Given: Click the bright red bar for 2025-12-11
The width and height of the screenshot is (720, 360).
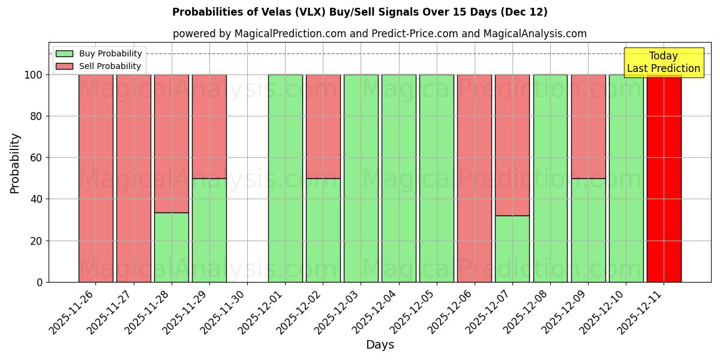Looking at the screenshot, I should (x=664, y=178).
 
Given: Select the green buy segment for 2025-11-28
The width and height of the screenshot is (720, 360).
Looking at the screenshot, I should (x=171, y=247).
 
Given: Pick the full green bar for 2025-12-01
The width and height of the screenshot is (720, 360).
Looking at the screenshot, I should (x=285, y=178).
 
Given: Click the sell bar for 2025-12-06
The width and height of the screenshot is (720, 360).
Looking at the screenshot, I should (x=474, y=178).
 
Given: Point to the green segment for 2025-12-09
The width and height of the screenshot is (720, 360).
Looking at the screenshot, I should (x=588, y=230).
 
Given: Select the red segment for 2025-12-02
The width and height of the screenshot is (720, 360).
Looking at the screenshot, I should (x=323, y=126).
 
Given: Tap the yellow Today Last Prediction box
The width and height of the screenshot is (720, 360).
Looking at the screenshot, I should (x=663, y=62).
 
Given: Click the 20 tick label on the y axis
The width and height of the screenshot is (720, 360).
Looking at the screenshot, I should (x=38, y=241).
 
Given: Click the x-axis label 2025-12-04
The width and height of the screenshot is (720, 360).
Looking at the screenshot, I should (x=376, y=312).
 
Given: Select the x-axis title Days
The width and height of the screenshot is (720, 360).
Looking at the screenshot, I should (x=380, y=345).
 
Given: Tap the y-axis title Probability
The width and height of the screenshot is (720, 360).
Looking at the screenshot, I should (x=15, y=163).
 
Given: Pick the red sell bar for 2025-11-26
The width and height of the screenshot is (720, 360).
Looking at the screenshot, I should (x=95, y=178).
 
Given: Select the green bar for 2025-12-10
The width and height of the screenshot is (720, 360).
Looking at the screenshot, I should (x=626, y=178).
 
